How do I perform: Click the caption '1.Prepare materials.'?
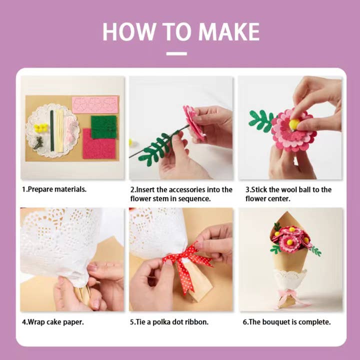(x=54, y=189)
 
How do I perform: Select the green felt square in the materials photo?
(x=103, y=127)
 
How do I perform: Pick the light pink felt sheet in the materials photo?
(x=95, y=104)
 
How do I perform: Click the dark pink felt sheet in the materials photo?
(x=98, y=144)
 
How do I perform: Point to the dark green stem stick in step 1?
(x=51, y=130)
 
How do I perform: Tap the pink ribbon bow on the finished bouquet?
(x=292, y=295)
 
